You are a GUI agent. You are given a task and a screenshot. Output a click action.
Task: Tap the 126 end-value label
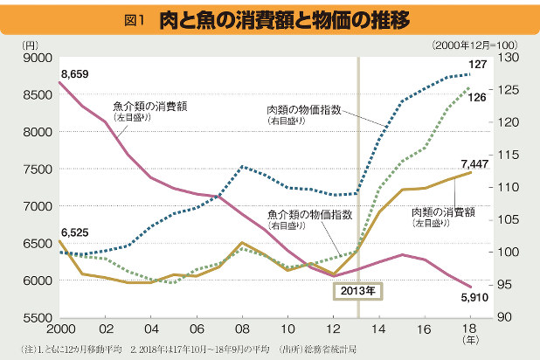(x=478, y=98)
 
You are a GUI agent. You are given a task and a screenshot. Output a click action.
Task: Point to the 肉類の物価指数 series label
(x=303, y=110)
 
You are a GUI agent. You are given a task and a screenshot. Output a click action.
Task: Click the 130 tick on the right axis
(x=508, y=58)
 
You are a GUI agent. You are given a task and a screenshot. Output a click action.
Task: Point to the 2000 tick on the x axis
(x=59, y=332)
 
